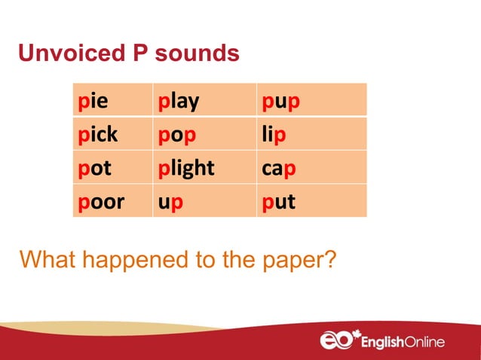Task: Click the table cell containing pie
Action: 112,101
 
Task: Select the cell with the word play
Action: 204,101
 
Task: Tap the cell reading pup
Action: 311,101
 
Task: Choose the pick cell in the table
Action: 112,135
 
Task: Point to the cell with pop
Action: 204,135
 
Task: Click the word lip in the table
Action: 311,135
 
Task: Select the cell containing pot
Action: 112,168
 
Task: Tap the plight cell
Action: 204,168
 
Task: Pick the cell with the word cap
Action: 311,168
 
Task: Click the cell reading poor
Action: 112,201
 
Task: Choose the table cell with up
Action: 204,201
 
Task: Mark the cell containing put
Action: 311,201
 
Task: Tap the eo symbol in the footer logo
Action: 337,341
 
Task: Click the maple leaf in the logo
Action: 360,333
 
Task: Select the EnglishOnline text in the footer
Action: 403,343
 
